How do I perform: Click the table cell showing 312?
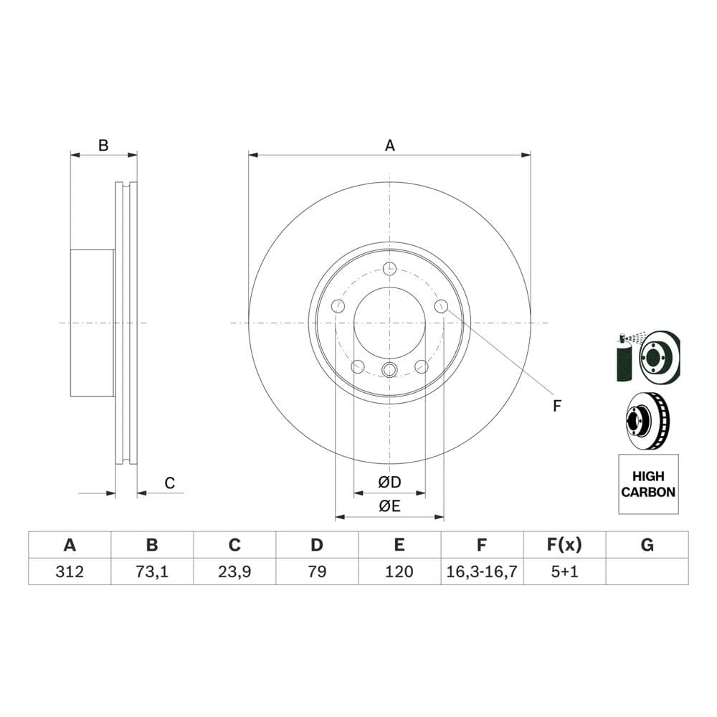click(x=70, y=571)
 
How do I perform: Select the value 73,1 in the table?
click(x=152, y=571)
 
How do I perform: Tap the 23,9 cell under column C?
click(x=234, y=571)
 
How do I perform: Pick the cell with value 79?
click(x=317, y=571)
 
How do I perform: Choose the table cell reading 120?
click(x=399, y=571)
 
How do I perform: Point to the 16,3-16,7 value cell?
click(x=482, y=571)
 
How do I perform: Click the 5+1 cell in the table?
click(x=564, y=571)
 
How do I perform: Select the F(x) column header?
click(x=564, y=545)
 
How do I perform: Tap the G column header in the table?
click(x=647, y=545)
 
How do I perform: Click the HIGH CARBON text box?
click(x=648, y=484)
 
